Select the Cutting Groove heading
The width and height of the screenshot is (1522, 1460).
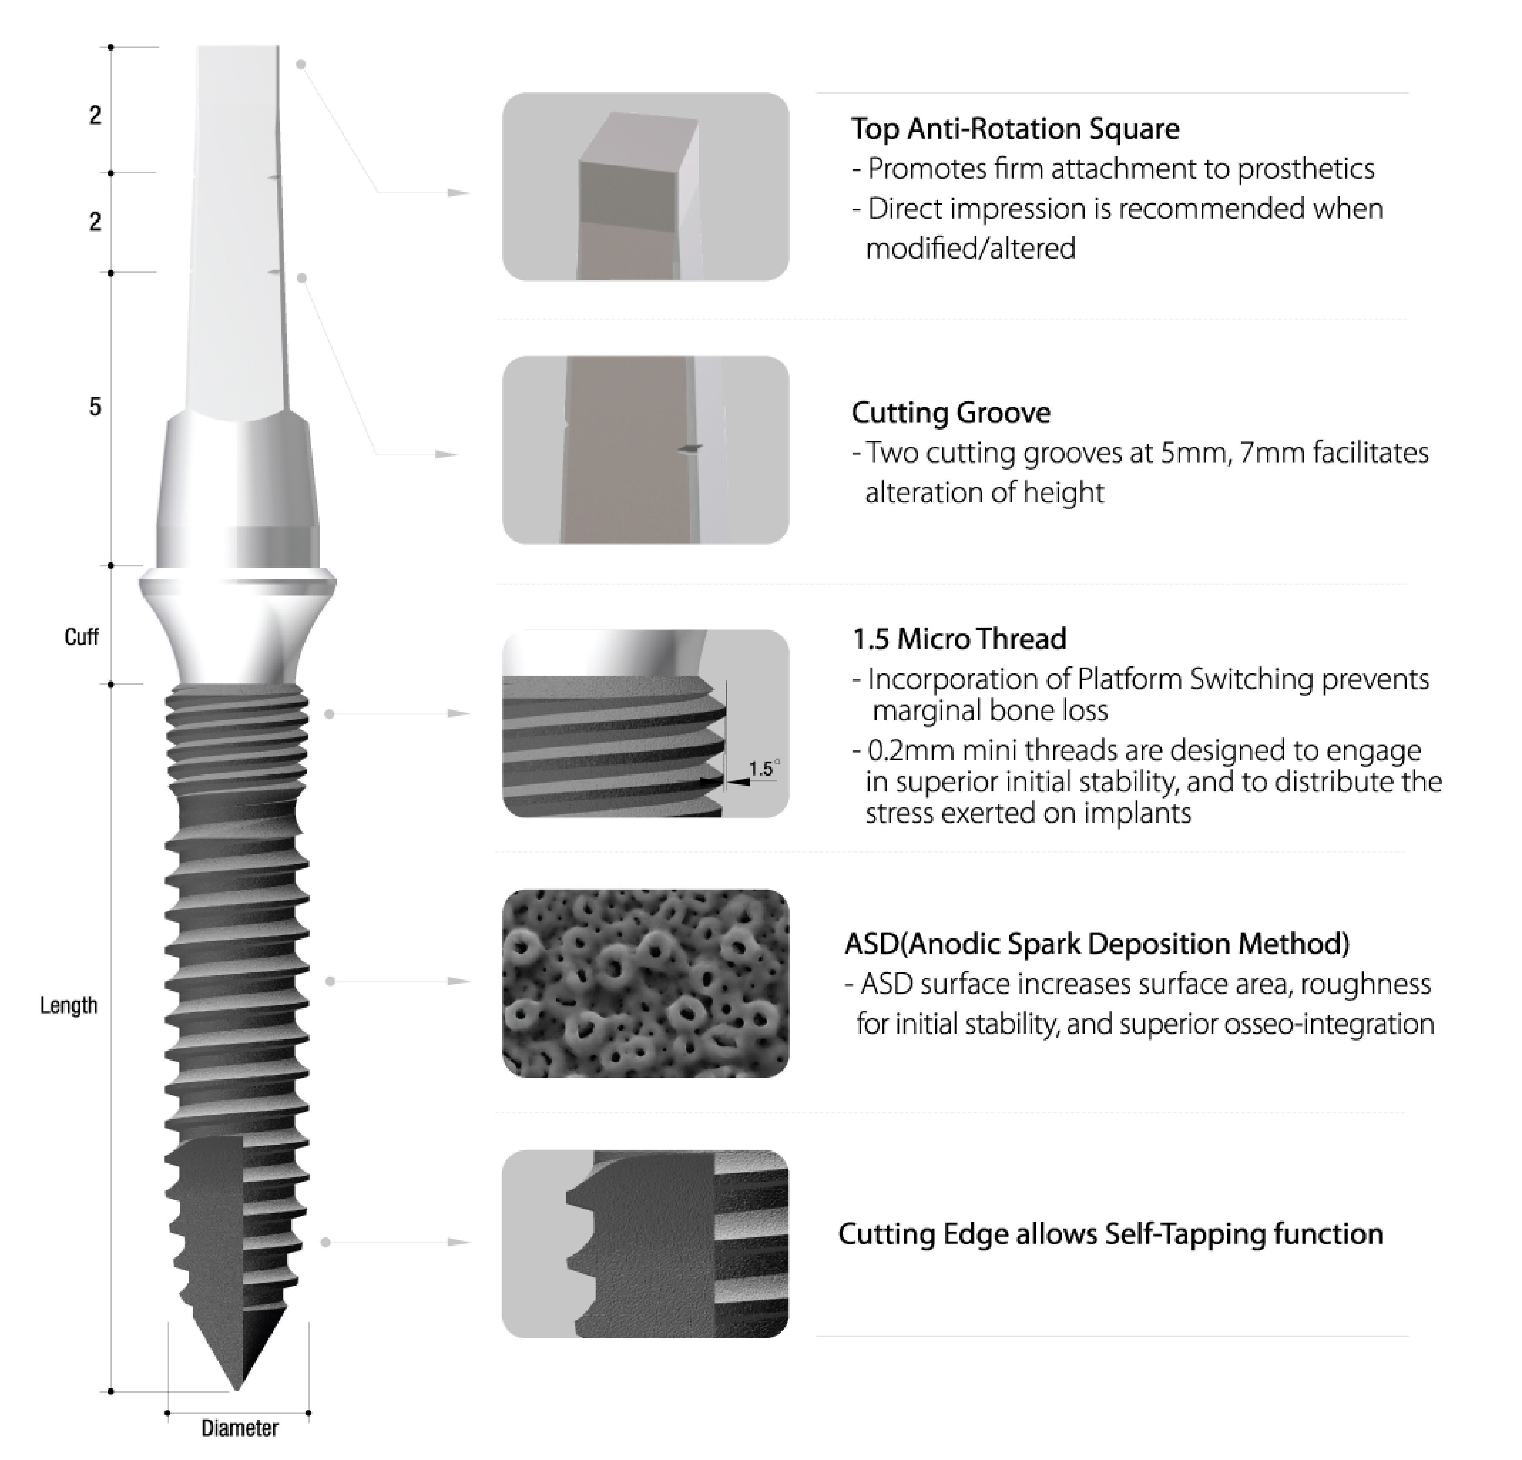coord(950,412)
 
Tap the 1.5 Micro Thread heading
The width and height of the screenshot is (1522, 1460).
coord(959,639)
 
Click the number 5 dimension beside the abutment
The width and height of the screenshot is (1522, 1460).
coord(95,407)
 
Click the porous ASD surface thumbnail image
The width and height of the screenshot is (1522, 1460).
coord(645,983)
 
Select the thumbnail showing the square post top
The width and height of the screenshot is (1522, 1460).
coord(645,186)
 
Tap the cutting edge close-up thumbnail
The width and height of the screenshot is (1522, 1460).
coord(645,1244)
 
